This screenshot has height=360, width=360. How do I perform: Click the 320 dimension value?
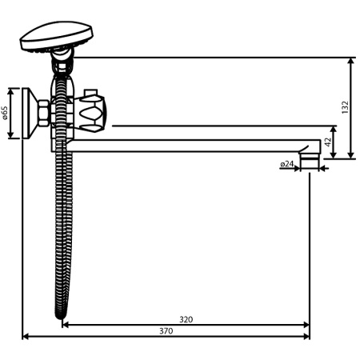tap(186, 319)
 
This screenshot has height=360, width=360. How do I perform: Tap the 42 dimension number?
tap(328, 141)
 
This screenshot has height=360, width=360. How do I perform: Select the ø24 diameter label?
tap(287, 164)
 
